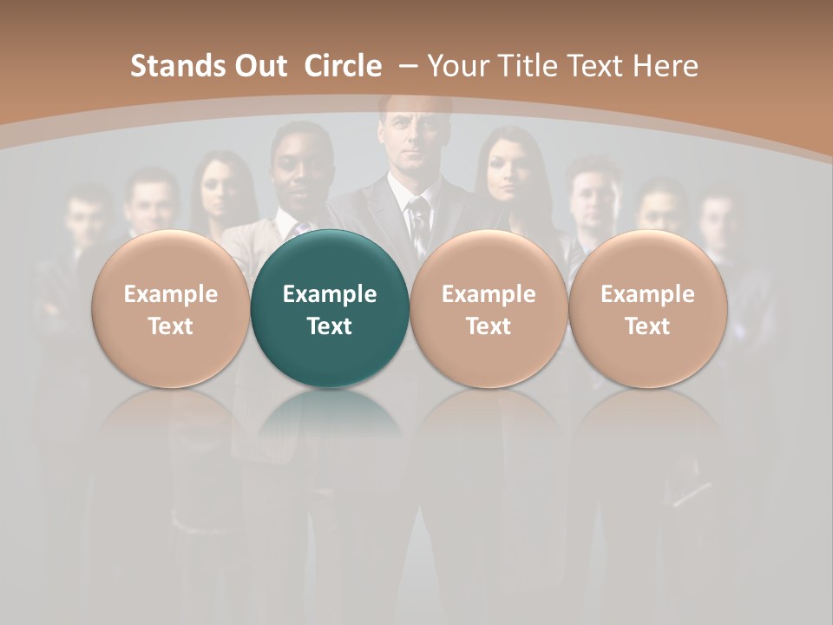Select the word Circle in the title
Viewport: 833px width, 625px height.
343,66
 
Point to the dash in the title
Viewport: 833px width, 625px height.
407,66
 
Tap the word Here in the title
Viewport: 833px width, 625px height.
666,66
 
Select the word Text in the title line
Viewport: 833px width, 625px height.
600,66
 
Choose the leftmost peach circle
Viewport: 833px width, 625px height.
170,309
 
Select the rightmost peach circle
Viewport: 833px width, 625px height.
647,309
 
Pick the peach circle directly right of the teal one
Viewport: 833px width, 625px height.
489,309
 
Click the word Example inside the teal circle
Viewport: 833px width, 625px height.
330,294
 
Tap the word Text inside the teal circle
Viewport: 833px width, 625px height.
330,326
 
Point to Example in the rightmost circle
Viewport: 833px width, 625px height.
647,294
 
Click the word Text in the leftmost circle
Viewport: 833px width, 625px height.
170,326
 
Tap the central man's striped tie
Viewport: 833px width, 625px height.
419,221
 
